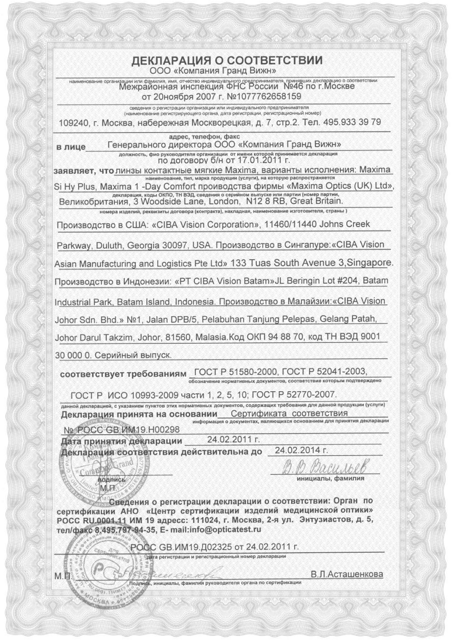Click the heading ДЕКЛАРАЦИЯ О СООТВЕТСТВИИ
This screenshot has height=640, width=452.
point(226,61)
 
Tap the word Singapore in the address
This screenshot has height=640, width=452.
point(370,262)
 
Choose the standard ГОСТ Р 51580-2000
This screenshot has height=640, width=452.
point(233,372)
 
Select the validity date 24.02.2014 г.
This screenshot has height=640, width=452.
point(301,450)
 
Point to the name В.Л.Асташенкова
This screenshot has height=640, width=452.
point(347,574)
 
